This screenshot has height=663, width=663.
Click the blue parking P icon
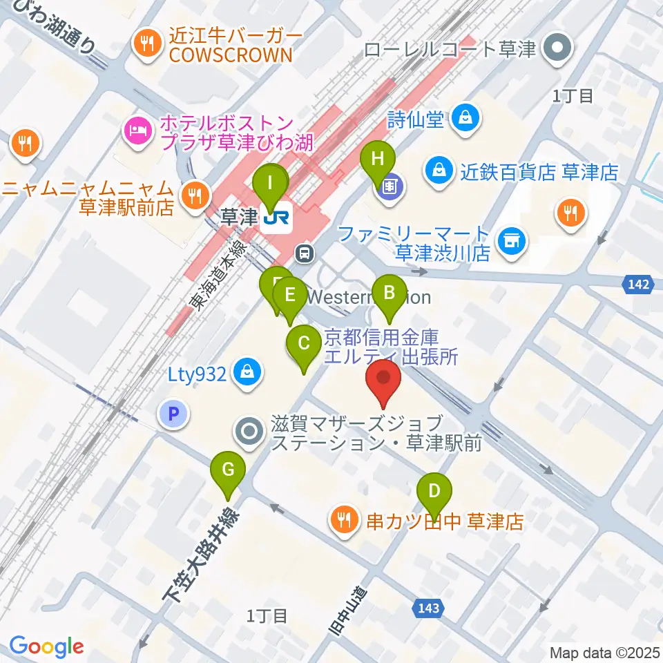pos(173,414)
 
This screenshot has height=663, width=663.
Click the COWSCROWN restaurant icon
pos(146,45)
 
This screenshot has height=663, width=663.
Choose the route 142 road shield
pos(638,284)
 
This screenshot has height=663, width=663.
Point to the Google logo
pos(47,646)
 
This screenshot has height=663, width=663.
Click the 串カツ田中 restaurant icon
pos(343,518)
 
